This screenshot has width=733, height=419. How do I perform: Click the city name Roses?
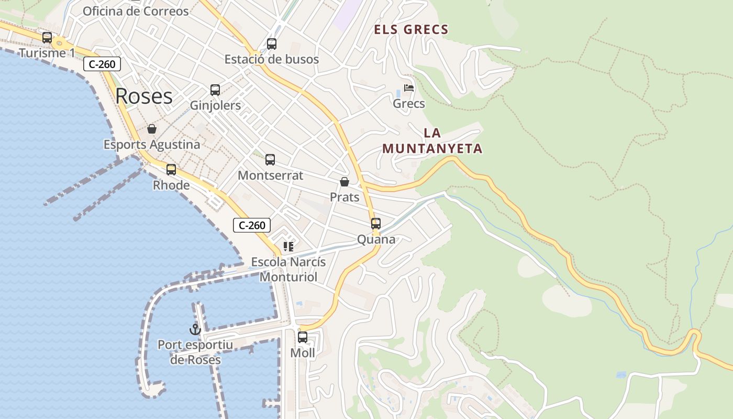144,96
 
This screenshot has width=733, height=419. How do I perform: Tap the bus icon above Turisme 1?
47,38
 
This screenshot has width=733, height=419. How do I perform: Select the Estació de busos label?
271,59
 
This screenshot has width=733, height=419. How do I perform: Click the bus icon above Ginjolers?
215,90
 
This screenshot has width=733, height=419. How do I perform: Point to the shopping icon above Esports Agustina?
152,129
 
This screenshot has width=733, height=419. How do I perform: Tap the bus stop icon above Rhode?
171,169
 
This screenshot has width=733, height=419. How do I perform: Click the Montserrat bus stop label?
270,175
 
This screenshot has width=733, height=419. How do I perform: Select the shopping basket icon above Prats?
345,182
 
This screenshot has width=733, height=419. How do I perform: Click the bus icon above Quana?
376,224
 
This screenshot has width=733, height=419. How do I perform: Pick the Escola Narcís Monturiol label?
288,269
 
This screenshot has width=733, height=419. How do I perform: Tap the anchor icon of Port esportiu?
195,329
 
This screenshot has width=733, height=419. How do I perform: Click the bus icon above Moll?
303,337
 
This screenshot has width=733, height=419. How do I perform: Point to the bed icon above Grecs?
409,88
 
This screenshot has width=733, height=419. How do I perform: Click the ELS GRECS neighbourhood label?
411,30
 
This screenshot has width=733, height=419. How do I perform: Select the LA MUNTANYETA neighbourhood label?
432,141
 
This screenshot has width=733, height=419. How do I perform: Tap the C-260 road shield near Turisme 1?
102,64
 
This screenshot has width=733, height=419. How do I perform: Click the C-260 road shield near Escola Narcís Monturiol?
252,225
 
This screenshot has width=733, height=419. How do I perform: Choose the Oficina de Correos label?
136,11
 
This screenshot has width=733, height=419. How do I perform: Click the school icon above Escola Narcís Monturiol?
288,246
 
